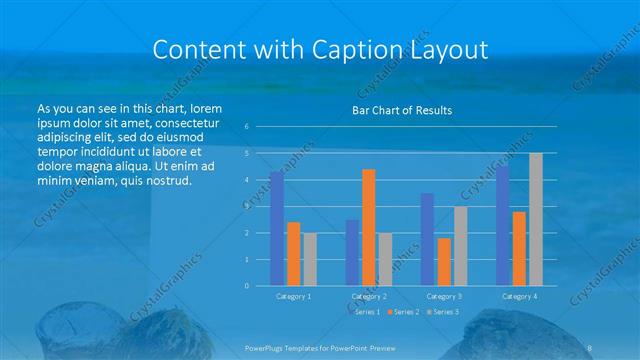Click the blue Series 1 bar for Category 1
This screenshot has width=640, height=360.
click(x=276, y=229)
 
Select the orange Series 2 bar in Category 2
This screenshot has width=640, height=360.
click(x=369, y=227)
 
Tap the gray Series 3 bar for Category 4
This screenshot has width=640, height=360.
click(x=536, y=219)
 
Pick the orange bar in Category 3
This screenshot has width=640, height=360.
click(x=444, y=262)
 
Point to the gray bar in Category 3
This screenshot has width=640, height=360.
click(x=460, y=246)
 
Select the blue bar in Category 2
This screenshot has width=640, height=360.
click(x=352, y=253)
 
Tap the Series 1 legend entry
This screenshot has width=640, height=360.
click(x=366, y=313)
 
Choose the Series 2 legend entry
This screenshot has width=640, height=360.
click(x=403, y=313)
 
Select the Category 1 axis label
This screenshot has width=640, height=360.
click(x=293, y=297)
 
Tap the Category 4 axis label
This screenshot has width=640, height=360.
click(x=519, y=297)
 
